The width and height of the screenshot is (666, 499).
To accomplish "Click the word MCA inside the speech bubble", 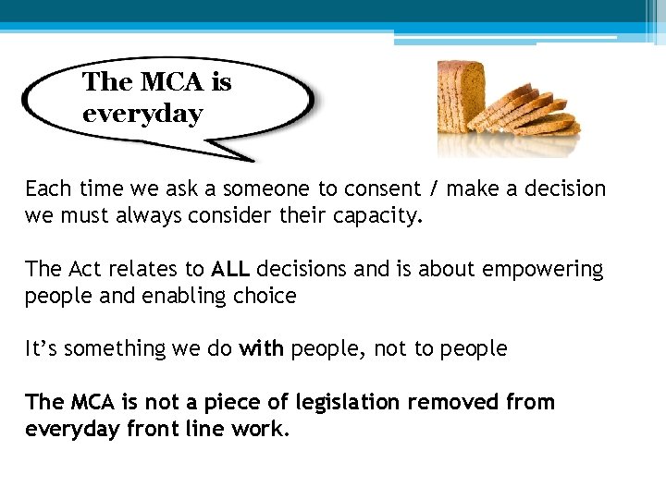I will pos(173,82).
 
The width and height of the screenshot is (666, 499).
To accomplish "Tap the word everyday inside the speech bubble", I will pos(142,115).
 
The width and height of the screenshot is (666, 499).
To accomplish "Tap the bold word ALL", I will pos(230,269).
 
